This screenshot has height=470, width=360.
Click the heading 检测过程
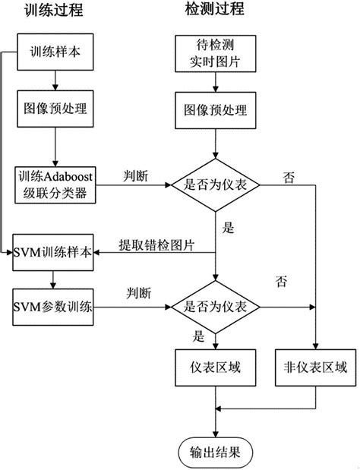coord(216,11)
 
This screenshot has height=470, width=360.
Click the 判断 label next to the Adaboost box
coord(138,175)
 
